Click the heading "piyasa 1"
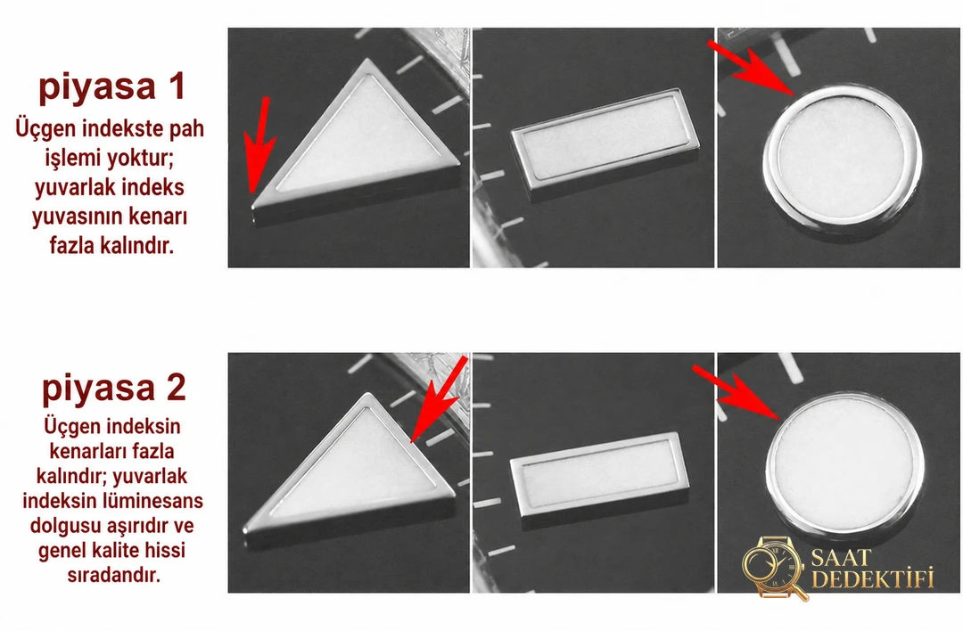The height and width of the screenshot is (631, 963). [x=111, y=86]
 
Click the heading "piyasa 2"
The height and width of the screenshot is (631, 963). [x=113, y=388]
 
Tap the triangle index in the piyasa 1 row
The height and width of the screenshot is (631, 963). [x=356, y=144]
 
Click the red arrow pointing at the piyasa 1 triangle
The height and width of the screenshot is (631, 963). [x=259, y=144]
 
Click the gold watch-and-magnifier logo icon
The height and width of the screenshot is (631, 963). [x=774, y=568]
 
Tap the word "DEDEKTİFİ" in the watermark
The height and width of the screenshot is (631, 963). [x=873, y=579]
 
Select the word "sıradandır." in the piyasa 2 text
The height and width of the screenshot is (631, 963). [x=113, y=576]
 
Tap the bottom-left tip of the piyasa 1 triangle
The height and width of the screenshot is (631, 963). [x=252, y=208]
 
